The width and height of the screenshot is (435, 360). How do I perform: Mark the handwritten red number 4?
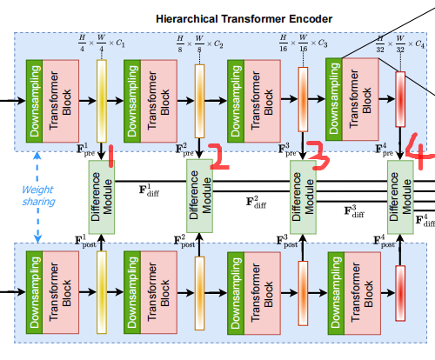420,155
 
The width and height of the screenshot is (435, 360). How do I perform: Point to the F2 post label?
185,239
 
